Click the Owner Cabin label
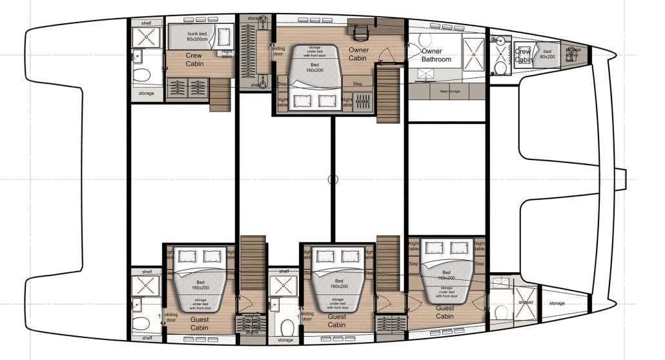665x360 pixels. tap(358, 54)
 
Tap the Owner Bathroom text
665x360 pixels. tap(436, 55)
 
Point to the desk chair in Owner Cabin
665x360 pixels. tap(360, 30)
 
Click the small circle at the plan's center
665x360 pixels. tap(332, 180)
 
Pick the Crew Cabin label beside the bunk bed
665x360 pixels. tap(194, 60)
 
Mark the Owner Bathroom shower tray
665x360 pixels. tap(473, 49)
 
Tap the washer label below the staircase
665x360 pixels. tap(252, 317)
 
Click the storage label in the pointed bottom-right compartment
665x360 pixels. tap(557, 303)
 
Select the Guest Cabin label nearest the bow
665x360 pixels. tap(445, 312)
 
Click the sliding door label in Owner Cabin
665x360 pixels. tap(278, 50)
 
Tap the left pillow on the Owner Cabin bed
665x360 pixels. tap(303, 99)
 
